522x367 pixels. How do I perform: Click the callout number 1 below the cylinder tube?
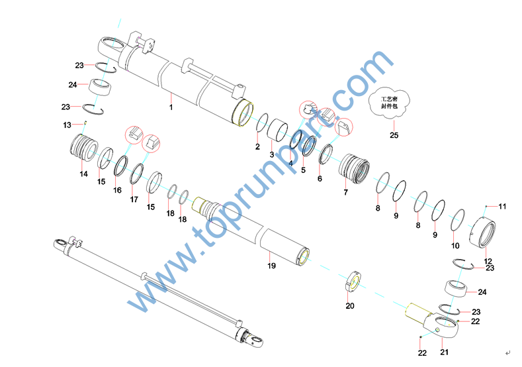[x=171, y=107]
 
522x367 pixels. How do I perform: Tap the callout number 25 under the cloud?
[x=394, y=135]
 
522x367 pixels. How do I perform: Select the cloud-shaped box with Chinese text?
[x=389, y=103]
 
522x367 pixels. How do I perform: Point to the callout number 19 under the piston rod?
[x=272, y=266]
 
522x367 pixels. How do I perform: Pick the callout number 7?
[x=345, y=192]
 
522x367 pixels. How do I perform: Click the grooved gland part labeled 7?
[x=354, y=168]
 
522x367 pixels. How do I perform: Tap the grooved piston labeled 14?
[x=84, y=148]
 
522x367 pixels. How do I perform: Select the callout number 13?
[x=67, y=125]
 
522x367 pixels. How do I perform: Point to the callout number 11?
[x=502, y=206]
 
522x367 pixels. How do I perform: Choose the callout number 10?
[x=455, y=246]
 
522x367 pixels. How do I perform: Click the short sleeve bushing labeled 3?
[x=278, y=130]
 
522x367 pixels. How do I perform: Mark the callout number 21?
[x=445, y=352]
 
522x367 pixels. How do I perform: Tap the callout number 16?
[x=117, y=190]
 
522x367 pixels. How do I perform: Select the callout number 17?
[x=134, y=199]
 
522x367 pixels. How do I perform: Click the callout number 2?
[x=257, y=146]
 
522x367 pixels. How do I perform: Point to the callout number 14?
[x=83, y=174]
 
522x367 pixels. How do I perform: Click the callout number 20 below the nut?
[x=350, y=305]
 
